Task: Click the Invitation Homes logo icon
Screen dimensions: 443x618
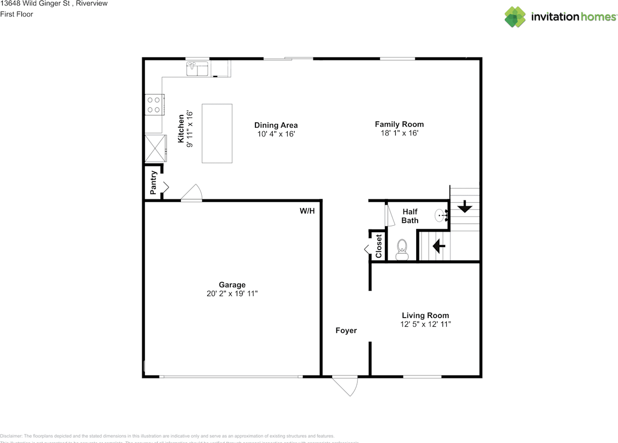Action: coord(515,17)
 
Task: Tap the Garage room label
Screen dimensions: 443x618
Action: coord(232,285)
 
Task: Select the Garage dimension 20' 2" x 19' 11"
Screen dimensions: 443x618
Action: coord(232,293)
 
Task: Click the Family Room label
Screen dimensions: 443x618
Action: coord(399,124)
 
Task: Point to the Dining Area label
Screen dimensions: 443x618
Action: coord(276,125)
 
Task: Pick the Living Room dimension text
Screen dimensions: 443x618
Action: coord(426,324)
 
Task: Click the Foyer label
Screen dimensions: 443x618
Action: coord(346,331)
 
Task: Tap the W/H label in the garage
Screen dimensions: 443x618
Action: coord(307,211)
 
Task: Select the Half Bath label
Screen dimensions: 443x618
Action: coord(410,216)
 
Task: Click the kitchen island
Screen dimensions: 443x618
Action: coord(217,133)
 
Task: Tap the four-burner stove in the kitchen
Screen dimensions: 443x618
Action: coord(154,105)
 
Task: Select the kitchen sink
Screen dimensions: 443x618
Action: coord(197,69)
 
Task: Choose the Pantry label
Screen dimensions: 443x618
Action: coord(153,182)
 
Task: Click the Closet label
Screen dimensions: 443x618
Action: coord(379,246)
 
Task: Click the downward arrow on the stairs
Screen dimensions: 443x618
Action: coord(464,208)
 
